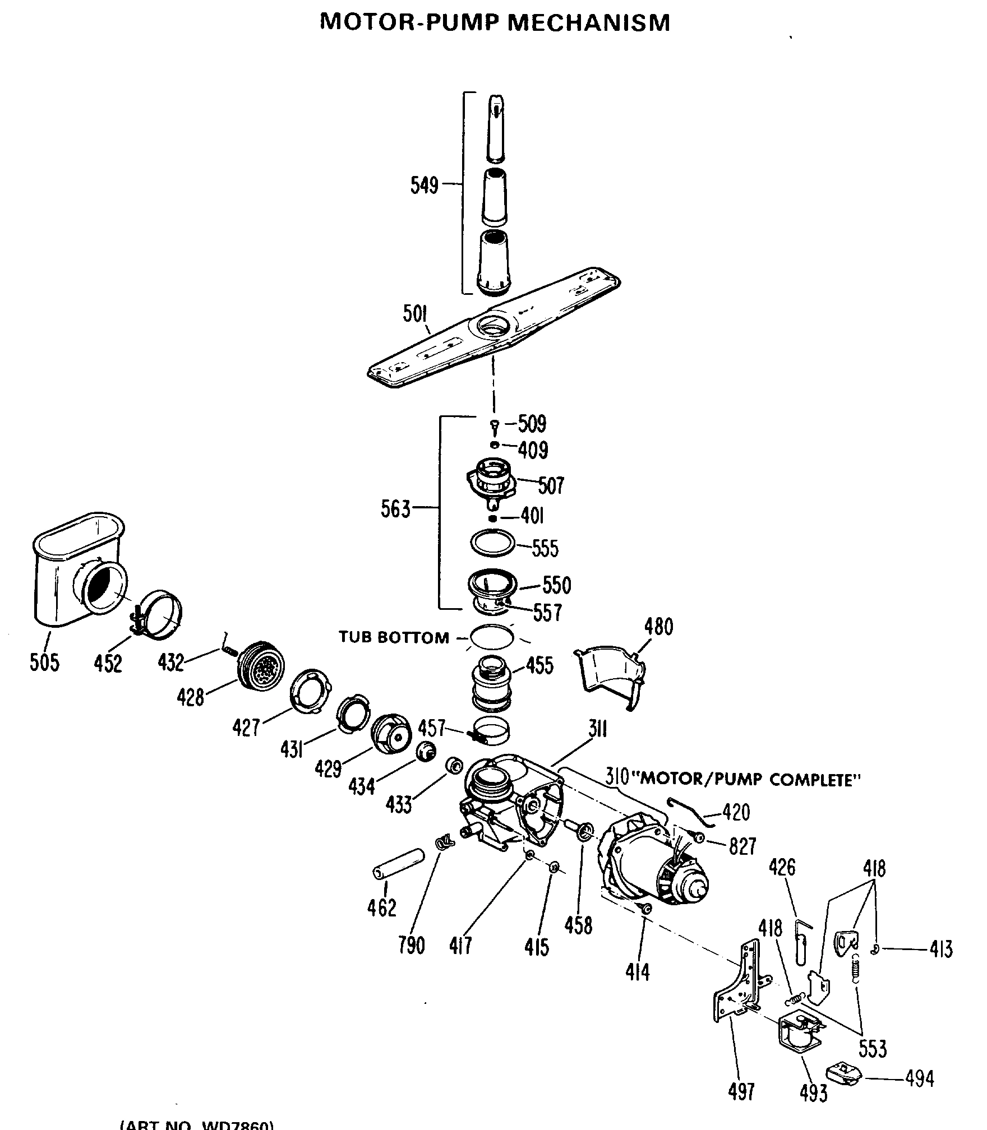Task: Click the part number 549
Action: click(424, 184)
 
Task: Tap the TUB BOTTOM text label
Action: click(394, 638)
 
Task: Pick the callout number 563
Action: click(395, 510)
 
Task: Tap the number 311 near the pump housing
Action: click(598, 729)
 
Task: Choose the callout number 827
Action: click(742, 846)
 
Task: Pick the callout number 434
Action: click(361, 787)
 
